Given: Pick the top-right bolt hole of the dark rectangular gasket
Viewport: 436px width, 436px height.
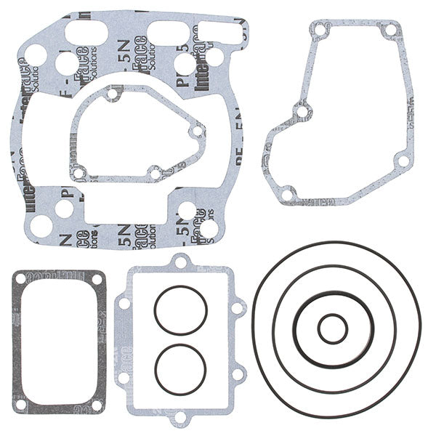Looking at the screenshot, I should click(96, 278).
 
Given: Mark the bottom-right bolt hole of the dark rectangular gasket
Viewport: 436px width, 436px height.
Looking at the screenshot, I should click(96, 403).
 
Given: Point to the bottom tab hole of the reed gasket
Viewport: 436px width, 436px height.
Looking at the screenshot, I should click(179, 417).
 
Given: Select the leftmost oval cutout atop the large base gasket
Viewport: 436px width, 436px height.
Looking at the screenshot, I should click(85, 32).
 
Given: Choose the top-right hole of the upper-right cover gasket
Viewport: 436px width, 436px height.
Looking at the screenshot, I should click(391, 31).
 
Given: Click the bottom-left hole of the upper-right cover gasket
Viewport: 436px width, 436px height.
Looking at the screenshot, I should click(287, 193).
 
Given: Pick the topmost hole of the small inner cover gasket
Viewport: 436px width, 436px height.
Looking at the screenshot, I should click(111, 94).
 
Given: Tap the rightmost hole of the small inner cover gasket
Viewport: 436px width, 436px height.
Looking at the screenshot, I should click(195, 132).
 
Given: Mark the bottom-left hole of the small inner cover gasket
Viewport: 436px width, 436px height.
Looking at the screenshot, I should click(78, 173).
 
